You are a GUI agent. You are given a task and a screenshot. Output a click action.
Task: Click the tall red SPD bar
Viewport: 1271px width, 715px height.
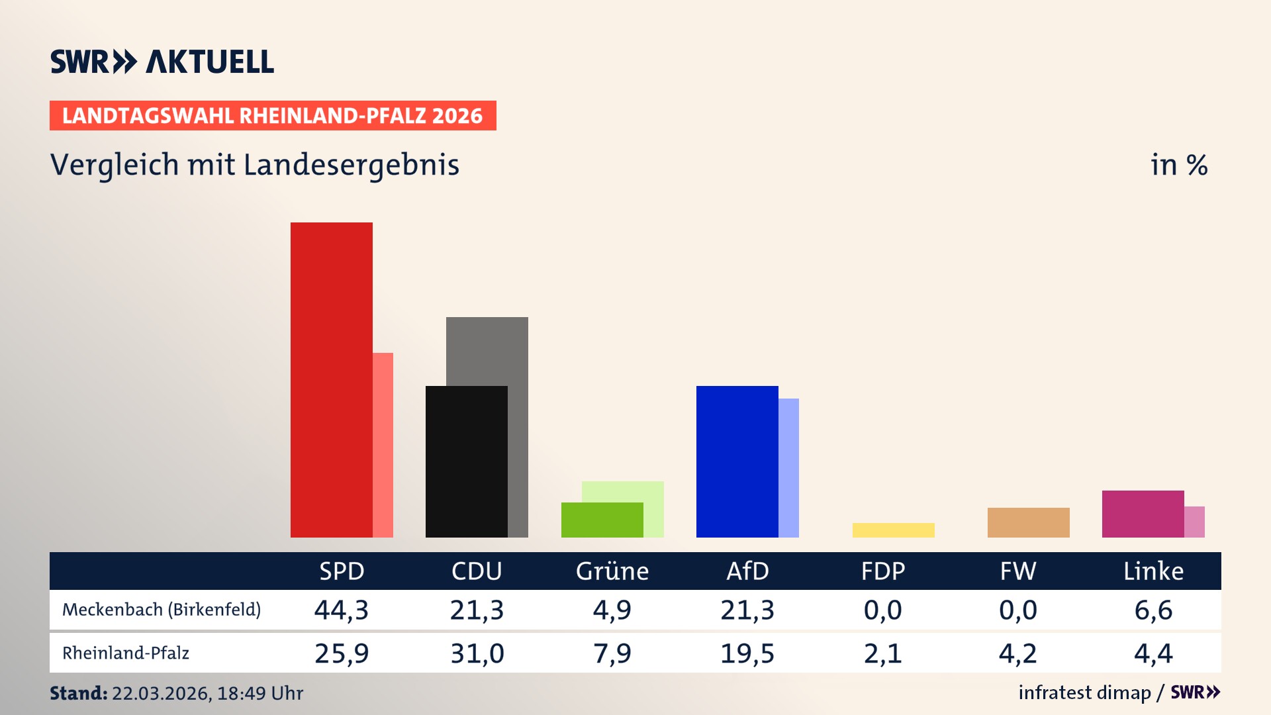(331, 379)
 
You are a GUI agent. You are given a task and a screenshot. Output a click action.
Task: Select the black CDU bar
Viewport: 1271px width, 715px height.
(466, 461)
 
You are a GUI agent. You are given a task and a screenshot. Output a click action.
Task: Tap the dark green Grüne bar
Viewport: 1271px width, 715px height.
(602, 520)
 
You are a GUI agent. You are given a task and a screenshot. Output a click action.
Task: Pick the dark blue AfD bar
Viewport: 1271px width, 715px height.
(737, 461)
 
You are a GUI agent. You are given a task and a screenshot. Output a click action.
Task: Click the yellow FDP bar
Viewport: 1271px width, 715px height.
(893, 530)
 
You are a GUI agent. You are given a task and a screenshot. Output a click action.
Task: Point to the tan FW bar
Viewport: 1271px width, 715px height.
(1028, 522)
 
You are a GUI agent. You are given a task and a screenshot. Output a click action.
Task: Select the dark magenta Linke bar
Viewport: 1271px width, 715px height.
(1143, 514)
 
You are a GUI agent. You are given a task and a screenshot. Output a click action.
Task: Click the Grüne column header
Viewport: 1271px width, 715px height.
(612, 571)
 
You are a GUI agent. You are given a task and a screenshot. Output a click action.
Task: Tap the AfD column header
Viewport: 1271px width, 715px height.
(747, 571)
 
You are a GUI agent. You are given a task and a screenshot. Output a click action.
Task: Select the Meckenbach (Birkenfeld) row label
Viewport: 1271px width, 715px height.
(162, 610)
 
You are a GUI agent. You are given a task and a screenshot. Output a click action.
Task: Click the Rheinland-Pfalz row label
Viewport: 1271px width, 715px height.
(126, 653)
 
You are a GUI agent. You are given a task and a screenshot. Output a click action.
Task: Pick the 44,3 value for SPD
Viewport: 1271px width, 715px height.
(342, 610)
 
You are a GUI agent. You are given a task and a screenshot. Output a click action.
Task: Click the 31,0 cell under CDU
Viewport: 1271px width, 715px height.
(477, 653)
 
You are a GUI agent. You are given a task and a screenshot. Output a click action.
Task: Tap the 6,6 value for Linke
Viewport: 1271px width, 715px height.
(1153, 610)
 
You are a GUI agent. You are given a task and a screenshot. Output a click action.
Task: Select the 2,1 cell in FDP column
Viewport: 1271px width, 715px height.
(882, 653)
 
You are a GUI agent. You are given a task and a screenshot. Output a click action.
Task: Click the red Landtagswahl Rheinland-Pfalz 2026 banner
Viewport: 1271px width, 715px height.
(273, 116)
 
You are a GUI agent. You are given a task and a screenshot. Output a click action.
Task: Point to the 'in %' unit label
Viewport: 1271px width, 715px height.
(1178, 165)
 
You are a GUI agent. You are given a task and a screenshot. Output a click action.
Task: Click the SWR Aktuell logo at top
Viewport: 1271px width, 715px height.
(162, 62)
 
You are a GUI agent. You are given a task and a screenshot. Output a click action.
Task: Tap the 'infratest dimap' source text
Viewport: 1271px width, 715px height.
(1084, 692)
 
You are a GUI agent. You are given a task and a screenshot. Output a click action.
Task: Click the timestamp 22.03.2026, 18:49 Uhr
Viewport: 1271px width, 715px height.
(207, 693)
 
